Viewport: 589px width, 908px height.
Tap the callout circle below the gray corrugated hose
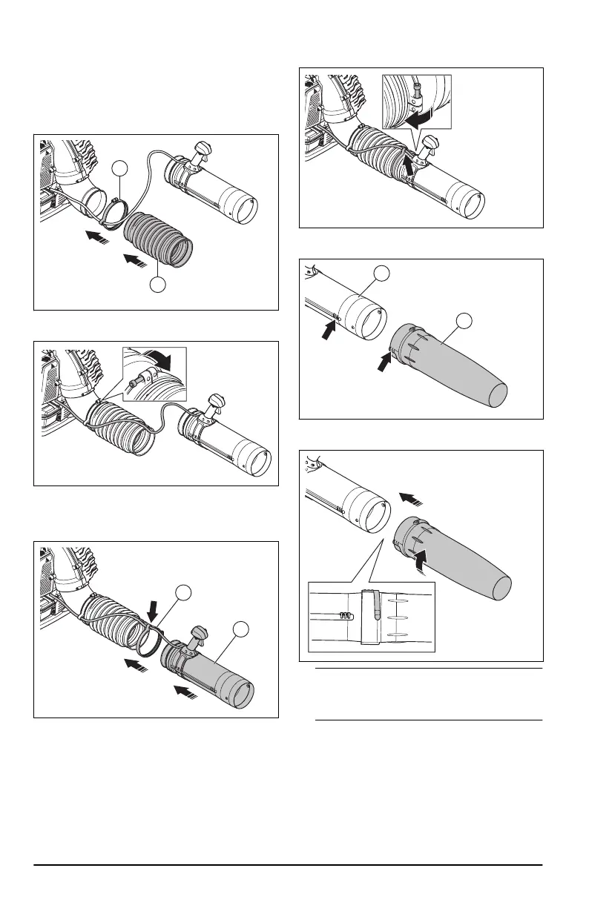coord(157,285)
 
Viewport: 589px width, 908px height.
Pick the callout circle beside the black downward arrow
coord(182,591)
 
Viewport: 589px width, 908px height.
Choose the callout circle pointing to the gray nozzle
coord(464,320)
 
